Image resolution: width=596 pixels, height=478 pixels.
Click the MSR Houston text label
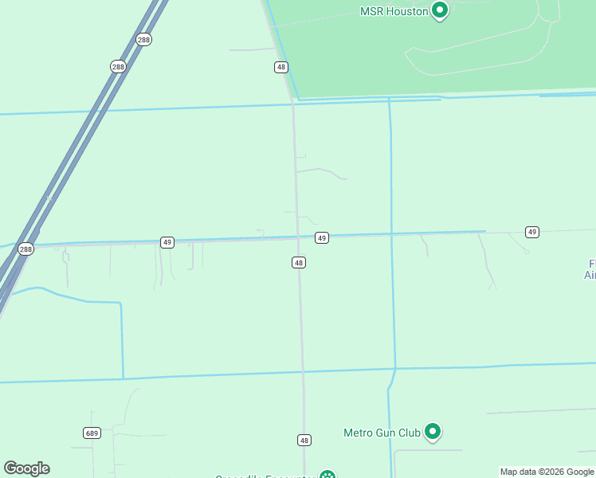[x=394, y=11]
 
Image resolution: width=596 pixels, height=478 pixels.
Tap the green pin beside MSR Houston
[x=439, y=10]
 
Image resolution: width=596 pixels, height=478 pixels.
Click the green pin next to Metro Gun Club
[x=433, y=431]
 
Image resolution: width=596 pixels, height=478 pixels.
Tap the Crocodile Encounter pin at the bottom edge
[x=327, y=475]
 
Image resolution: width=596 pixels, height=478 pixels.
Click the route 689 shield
[x=92, y=433]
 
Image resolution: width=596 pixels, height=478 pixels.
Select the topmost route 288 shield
[x=143, y=39]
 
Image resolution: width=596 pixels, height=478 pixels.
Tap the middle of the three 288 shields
[x=118, y=67]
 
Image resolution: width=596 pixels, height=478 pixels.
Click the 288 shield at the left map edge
[x=25, y=249]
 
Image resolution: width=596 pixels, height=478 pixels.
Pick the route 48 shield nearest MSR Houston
[x=281, y=67]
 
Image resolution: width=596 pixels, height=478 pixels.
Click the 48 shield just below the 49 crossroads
[x=299, y=262]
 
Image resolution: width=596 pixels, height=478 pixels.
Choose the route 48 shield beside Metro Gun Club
[x=304, y=440]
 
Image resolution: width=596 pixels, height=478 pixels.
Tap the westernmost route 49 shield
[x=167, y=242]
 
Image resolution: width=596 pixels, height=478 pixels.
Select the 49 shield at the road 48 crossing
[x=322, y=237]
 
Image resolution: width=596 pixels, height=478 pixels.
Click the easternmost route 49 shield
[x=532, y=232]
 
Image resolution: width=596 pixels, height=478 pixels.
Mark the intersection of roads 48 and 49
[x=297, y=237]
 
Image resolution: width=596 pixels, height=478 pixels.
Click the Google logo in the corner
[x=26, y=468]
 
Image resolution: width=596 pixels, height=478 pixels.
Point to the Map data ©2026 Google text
[x=547, y=472]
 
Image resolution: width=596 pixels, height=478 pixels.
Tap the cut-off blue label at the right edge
[x=590, y=269]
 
